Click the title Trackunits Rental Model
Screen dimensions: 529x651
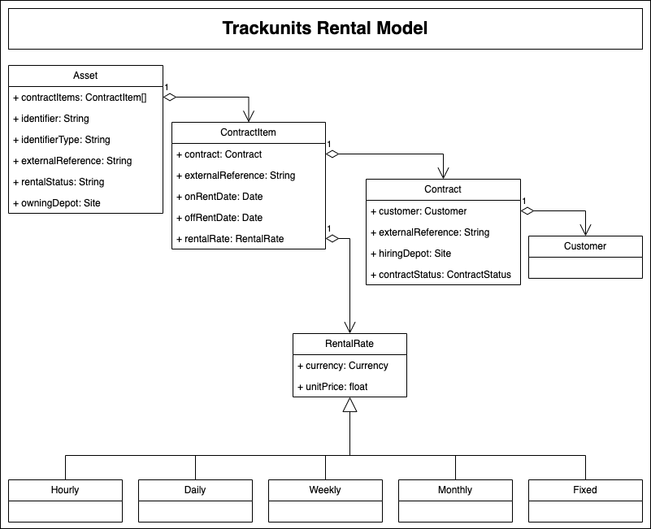coord(325,28)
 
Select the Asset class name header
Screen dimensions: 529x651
coord(85,76)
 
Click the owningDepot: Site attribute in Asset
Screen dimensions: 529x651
coord(57,202)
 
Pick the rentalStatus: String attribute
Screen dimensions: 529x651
coord(59,181)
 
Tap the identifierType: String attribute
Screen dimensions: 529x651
coord(62,139)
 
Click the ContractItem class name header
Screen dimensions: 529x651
coord(248,132)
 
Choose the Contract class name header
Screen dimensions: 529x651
coord(443,189)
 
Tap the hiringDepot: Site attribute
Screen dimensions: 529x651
coord(410,253)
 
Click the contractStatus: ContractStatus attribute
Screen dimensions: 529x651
coord(441,274)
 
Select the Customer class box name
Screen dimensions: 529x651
coord(585,245)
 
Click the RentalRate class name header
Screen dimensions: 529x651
coord(349,344)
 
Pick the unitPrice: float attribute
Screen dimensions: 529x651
coord(332,386)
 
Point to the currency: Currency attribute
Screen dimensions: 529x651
coord(343,365)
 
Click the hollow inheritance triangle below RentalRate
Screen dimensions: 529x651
coord(349,405)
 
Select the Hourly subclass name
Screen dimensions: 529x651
coord(65,489)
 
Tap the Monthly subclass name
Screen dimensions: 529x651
coord(455,489)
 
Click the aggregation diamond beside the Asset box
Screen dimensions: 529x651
coord(170,97)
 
